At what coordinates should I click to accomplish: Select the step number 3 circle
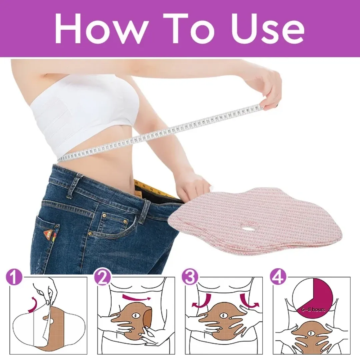pos(190,278)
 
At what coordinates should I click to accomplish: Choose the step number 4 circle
pos(277,278)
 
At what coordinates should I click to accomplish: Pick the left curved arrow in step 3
pos(202,300)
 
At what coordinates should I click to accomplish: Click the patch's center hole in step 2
pos(135,315)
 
